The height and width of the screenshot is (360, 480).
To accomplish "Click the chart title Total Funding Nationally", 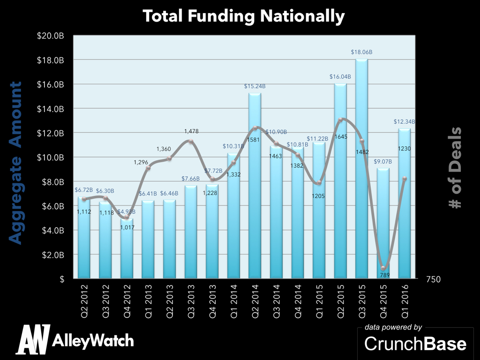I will pyautogui.click(x=244, y=16).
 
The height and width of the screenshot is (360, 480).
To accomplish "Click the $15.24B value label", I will pyautogui.click(x=255, y=86).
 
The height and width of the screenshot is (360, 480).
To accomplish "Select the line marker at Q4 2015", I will pyautogui.click(x=383, y=268).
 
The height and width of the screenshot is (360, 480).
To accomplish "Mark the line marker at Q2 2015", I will pyautogui.click(x=340, y=120).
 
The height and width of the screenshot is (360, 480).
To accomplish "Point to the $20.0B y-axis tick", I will pyautogui.click(x=51, y=36).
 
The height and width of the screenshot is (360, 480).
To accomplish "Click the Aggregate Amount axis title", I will pyautogui.click(x=15, y=163).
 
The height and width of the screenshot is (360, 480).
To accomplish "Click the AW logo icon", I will pyautogui.click(x=33, y=339).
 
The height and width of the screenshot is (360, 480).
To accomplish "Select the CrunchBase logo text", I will pyautogui.click(x=415, y=344).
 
